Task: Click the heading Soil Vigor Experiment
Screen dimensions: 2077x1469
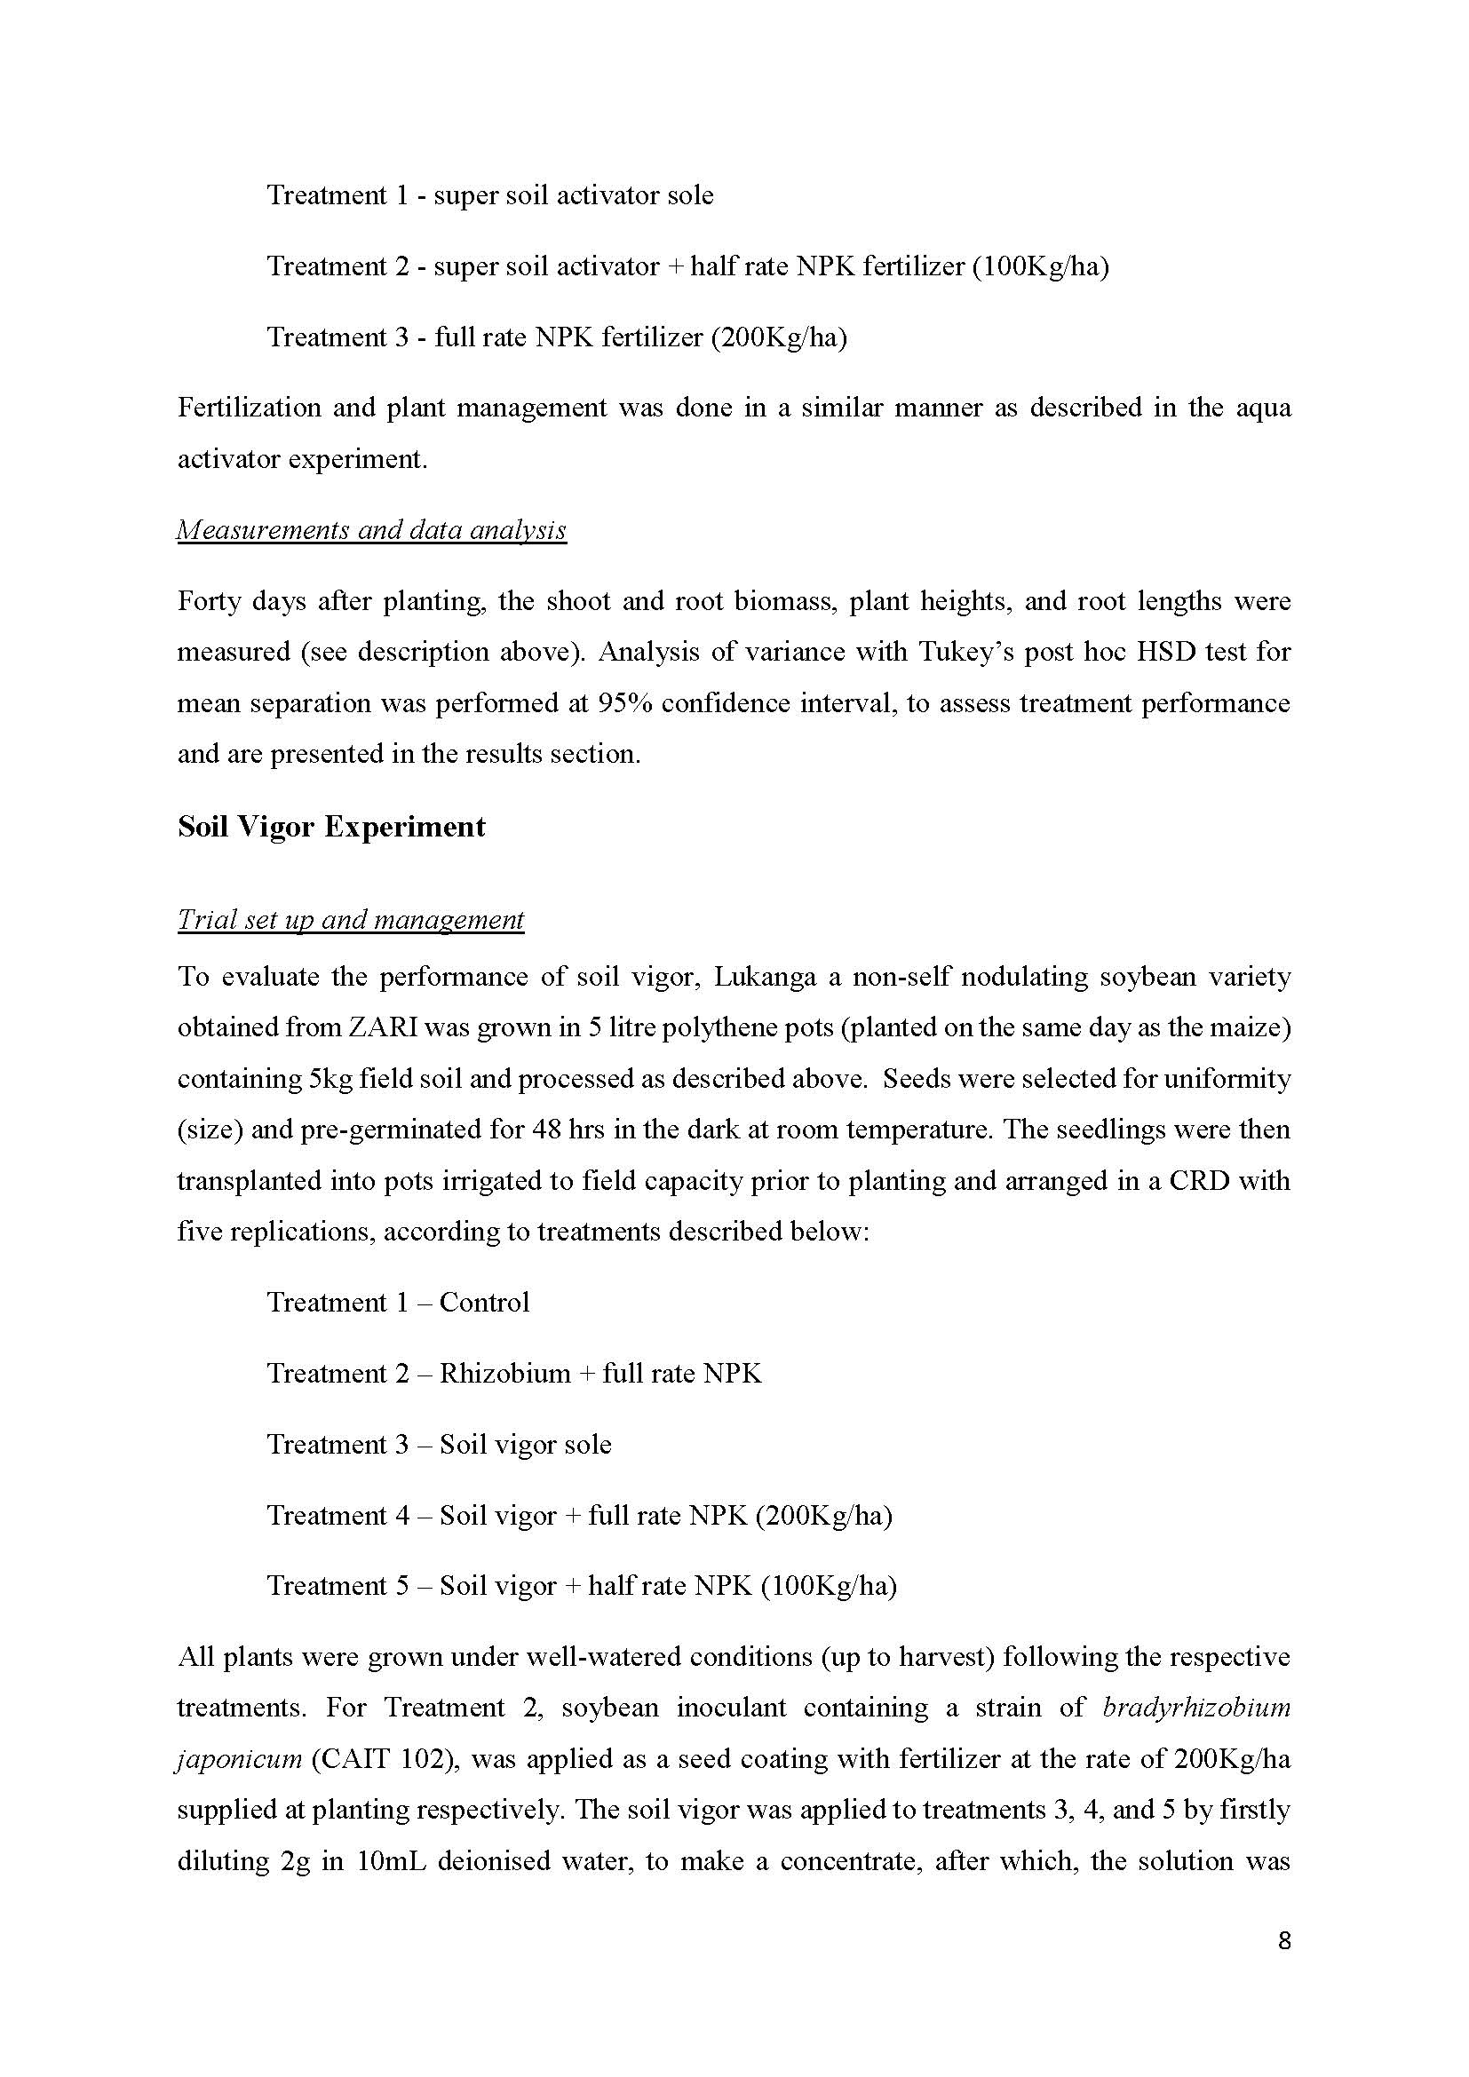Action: point(331,827)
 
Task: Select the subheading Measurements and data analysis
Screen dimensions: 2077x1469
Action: point(371,529)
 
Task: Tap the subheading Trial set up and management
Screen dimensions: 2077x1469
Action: point(350,919)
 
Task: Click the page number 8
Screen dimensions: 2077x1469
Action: point(1284,1940)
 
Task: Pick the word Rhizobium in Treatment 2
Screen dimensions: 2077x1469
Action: point(504,1373)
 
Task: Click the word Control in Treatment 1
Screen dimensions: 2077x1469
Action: point(484,1303)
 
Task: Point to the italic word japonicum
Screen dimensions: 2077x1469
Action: point(239,1759)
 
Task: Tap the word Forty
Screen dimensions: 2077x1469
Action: point(209,601)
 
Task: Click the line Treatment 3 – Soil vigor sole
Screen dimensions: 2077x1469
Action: point(439,1444)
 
